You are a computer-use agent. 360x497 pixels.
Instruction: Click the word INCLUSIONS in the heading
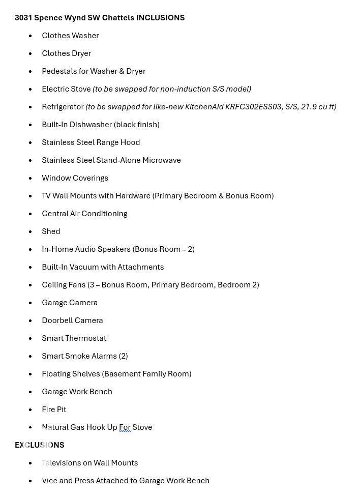[160, 18]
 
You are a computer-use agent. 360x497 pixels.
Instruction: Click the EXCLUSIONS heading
[40, 445]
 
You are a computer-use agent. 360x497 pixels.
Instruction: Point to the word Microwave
[162, 160]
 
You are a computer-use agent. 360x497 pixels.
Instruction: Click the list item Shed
[51, 231]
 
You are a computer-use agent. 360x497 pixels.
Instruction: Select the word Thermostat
[88, 338]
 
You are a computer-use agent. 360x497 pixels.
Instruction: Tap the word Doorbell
[57, 320]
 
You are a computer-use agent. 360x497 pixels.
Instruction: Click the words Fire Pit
[54, 410]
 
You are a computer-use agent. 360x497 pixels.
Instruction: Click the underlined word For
[125, 427]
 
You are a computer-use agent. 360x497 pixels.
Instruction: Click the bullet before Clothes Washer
[31, 36]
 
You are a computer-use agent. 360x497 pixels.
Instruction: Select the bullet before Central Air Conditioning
[31, 214]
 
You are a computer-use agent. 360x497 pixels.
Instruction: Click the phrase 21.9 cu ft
[318, 107]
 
